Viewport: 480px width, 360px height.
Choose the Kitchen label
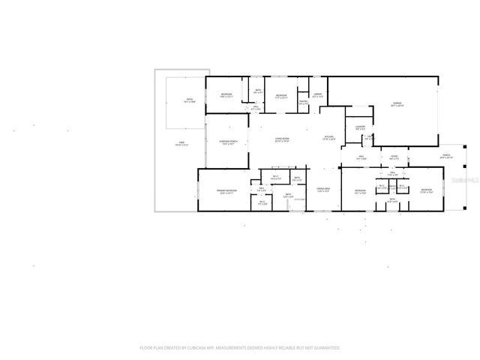(328, 137)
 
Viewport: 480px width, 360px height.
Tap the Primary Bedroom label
(227, 192)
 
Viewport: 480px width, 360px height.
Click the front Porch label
(446, 156)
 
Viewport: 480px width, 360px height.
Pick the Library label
(318, 94)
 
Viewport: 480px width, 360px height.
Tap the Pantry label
(304, 101)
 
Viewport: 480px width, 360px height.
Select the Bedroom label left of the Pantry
(282, 96)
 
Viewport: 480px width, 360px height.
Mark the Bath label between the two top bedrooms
(258, 91)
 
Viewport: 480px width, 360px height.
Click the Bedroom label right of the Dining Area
(361, 191)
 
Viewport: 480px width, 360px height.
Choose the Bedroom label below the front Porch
(426, 191)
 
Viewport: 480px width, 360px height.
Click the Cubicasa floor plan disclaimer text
(240, 348)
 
